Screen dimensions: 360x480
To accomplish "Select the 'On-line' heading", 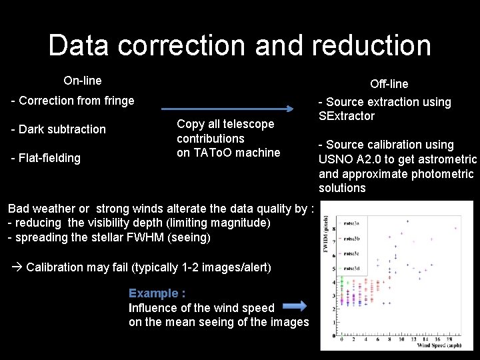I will point(83,81).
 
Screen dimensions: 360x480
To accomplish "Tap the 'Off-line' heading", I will point(389,83).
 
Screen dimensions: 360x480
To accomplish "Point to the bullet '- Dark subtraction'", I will point(59,129).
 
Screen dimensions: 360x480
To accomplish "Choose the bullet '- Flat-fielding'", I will point(46,158).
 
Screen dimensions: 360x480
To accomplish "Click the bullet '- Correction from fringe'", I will point(73,101).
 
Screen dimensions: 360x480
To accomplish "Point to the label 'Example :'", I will point(157,293).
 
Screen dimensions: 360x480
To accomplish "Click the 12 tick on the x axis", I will point(413,339).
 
